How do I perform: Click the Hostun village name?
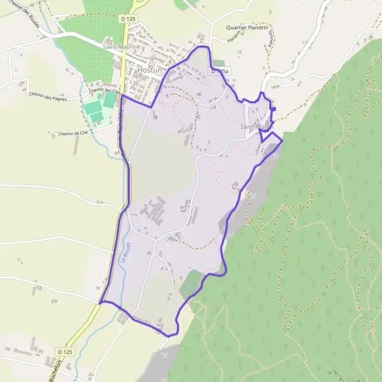tap(150, 70)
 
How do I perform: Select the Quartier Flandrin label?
tap(248, 27)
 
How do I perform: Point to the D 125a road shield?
tap(219, 72)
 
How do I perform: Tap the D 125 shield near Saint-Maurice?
tap(128, 19)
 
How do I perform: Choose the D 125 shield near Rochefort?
tap(64, 351)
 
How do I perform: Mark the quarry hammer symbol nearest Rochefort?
tap(166, 354)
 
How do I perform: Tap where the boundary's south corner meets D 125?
tap(101, 302)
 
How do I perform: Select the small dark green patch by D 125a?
tap(218, 63)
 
